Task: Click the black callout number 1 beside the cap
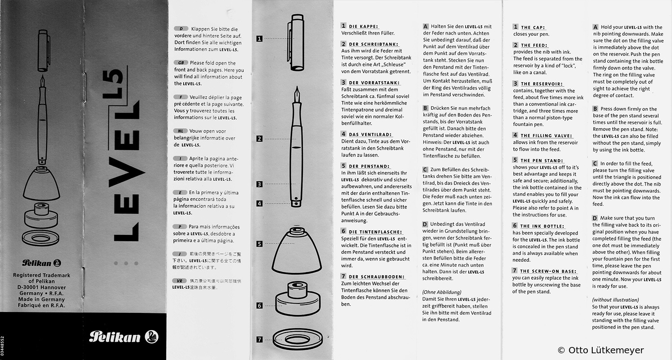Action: tap(259, 39)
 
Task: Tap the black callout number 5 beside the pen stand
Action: tap(259, 244)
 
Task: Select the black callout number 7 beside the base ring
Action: tap(259, 339)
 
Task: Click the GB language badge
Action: tap(180, 63)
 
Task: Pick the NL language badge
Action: tap(180, 131)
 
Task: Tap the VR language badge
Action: tap(180, 281)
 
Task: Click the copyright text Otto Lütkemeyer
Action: tap(600, 350)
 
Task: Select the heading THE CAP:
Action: tap(533, 27)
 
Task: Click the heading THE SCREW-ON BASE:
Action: tap(548, 271)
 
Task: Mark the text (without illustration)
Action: tap(616, 299)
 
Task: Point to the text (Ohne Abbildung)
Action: tap(442, 292)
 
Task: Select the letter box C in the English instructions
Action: tap(595, 164)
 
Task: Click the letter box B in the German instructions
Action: tap(426, 108)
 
